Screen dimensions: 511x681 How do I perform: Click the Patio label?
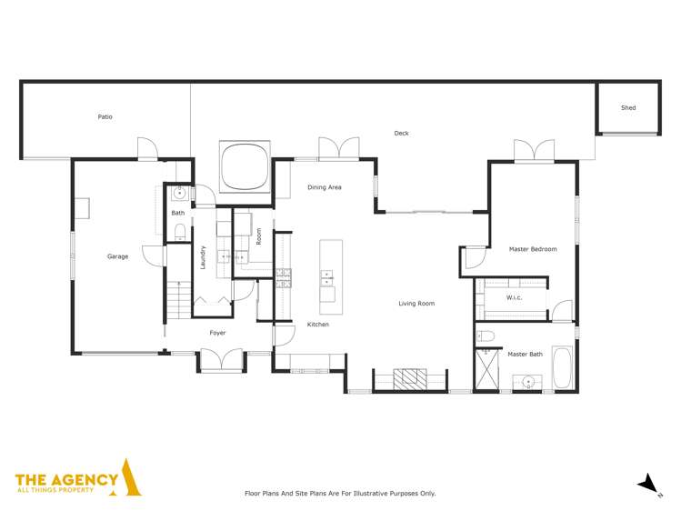click(105, 117)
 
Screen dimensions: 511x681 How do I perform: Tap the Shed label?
click(628, 108)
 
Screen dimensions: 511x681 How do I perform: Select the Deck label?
click(401, 134)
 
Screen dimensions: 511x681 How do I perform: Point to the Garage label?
click(117, 256)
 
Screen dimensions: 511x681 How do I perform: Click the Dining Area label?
click(324, 187)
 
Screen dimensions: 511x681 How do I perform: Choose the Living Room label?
click(416, 304)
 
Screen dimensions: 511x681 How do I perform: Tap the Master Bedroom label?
click(532, 249)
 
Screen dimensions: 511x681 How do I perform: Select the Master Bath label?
click(525, 354)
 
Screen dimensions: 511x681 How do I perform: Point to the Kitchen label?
click(317, 325)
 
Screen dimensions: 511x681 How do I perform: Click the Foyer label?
click(217, 333)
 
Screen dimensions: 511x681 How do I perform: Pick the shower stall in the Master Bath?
click(487, 370)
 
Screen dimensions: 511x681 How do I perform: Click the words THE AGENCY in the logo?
click(66, 479)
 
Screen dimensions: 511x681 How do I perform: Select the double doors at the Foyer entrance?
click(222, 362)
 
